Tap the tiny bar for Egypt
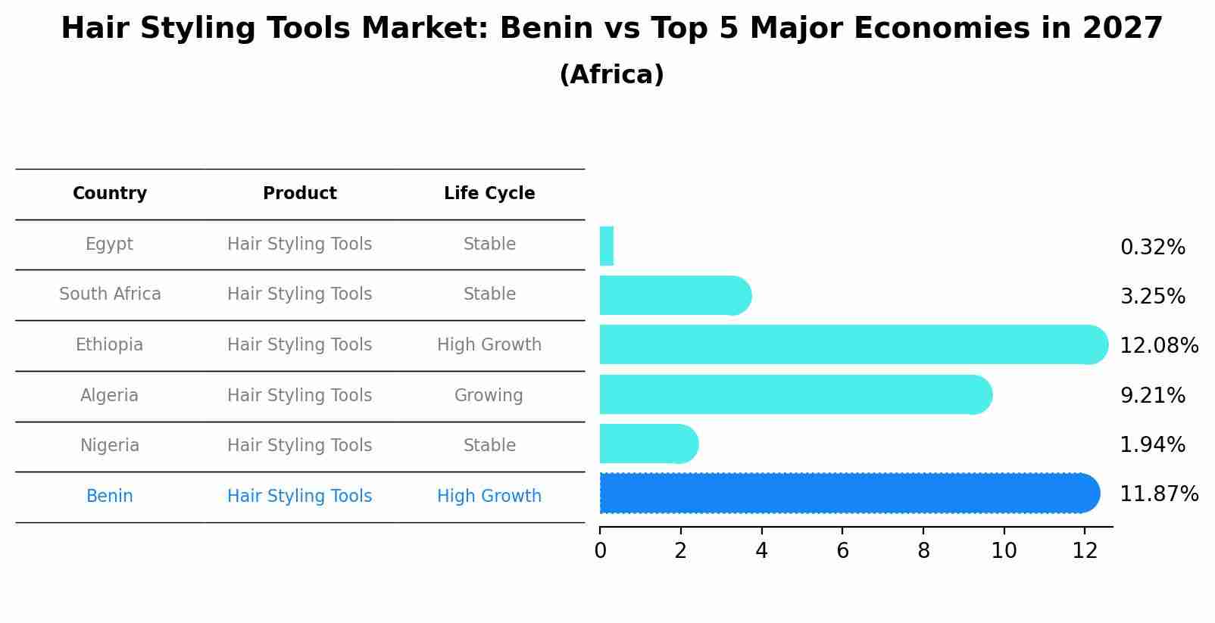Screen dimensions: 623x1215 [x=606, y=246]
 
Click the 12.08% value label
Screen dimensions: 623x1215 [x=1158, y=346]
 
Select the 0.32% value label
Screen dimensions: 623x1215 [x=1152, y=248]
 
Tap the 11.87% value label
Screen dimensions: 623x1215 [x=1158, y=494]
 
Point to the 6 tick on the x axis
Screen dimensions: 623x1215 [x=842, y=551]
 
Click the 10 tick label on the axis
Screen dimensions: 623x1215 [x=1004, y=551]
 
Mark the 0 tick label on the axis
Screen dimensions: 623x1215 [x=600, y=551]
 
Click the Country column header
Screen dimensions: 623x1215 [x=110, y=194]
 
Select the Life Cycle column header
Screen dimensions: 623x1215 [x=489, y=194]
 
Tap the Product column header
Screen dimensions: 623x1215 [x=299, y=194]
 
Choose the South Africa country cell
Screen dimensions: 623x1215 [x=110, y=294]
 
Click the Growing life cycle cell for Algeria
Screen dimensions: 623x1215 [x=489, y=396]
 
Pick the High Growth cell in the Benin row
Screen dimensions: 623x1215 [x=489, y=497]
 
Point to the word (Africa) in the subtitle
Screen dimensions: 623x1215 [x=611, y=75]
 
